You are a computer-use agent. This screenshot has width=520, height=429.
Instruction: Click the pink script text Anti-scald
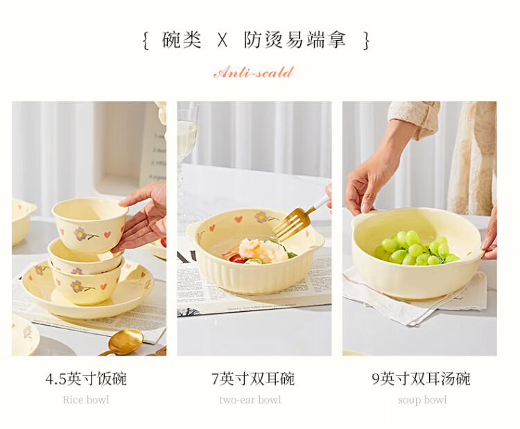pos(254,72)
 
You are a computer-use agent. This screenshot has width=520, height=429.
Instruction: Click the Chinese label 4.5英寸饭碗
pos(86,378)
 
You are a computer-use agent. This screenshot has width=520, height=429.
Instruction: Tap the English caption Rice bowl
pos(86,400)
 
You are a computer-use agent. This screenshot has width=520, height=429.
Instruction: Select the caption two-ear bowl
pos(250,400)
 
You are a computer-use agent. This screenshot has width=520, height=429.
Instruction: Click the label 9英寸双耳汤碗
pos(421,378)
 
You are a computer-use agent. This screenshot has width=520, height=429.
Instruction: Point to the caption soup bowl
pos(422,400)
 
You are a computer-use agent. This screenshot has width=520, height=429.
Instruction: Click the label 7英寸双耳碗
pos(253,378)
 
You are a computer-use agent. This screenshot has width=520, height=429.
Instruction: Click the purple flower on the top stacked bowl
pos(80,234)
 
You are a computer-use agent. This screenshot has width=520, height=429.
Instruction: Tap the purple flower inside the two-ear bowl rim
pos(261,217)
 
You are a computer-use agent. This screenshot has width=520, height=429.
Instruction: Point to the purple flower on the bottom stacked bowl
pos(76,286)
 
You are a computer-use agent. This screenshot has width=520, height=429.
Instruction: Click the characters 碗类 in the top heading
pos(182,40)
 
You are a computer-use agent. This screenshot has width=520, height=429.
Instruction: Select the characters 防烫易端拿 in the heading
pos(295,40)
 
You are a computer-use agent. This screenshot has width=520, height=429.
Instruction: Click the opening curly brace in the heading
pos(146,41)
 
